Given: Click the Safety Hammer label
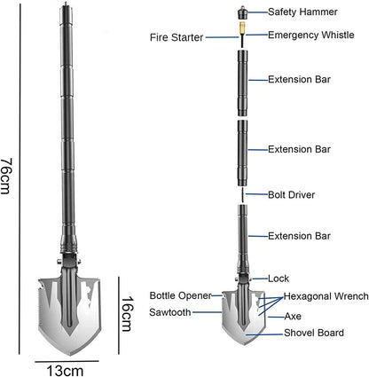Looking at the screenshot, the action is click(x=302, y=12).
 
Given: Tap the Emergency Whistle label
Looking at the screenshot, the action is click(x=310, y=35).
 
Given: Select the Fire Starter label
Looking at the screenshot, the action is click(x=177, y=37).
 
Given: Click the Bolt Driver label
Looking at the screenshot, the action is click(x=291, y=195).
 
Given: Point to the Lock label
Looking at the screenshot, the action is click(x=279, y=279).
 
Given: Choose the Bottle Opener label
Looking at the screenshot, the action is click(x=181, y=295).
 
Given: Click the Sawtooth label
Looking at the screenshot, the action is click(x=170, y=312).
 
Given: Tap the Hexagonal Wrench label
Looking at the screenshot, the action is click(x=326, y=296).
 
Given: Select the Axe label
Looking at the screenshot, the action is click(x=293, y=317).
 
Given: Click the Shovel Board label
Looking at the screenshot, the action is click(x=314, y=333).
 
